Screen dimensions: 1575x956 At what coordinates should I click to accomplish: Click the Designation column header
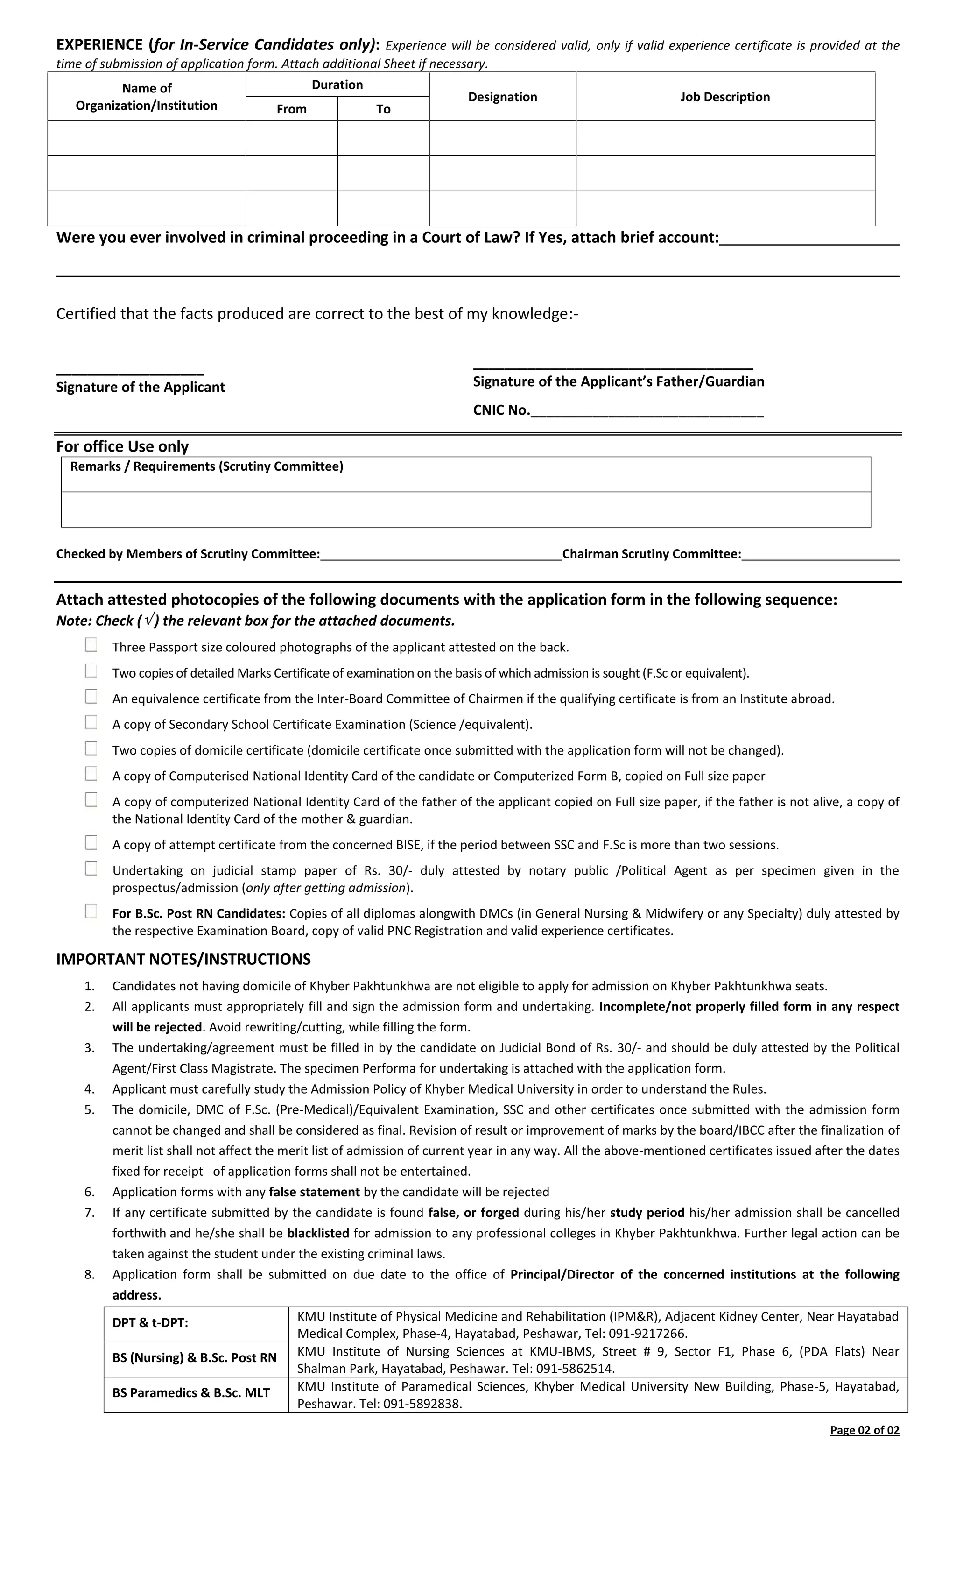coord(502,97)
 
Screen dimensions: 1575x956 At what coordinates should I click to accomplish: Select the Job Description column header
coord(724,97)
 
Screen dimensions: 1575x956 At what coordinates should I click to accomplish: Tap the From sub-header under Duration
coord(291,109)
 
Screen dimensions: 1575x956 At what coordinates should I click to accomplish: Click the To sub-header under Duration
coord(383,109)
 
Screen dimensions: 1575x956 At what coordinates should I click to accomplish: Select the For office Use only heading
coord(122,446)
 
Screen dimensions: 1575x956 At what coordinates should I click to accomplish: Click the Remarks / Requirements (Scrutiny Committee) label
coord(206,466)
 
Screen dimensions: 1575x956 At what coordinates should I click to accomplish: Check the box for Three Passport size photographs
coord(91,646)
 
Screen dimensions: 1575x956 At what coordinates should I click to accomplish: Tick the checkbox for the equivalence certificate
coord(91,697)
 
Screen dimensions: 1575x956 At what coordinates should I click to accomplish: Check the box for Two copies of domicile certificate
coord(91,749)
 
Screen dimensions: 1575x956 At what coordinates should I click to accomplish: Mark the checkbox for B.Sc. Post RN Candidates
coord(91,911)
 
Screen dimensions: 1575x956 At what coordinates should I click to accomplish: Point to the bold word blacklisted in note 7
coord(317,1233)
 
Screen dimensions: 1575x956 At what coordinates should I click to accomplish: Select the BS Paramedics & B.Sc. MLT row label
coord(191,1393)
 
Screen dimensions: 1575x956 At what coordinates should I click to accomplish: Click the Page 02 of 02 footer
coord(864,1430)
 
